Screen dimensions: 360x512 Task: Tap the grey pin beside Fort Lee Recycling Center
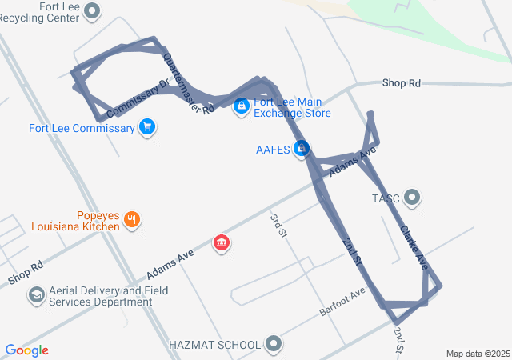click(x=93, y=11)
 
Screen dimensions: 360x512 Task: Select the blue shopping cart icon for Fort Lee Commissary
click(x=146, y=126)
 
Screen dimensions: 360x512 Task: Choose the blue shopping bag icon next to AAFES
click(x=302, y=149)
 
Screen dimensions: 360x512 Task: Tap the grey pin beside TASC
click(x=412, y=197)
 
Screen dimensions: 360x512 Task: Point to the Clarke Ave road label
click(x=414, y=247)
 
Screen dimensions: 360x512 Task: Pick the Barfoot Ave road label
click(x=342, y=300)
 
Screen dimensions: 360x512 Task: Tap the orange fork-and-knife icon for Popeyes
click(x=133, y=219)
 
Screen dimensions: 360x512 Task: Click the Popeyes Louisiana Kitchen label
click(x=77, y=221)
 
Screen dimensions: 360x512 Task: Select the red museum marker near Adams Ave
click(x=222, y=242)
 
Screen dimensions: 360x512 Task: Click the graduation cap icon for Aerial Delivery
click(x=36, y=296)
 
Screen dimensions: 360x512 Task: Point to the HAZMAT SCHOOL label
click(x=214, y=345)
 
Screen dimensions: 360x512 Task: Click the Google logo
click(x=26, y=350)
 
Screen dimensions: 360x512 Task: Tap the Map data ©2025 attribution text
click(x=477, y=354)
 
